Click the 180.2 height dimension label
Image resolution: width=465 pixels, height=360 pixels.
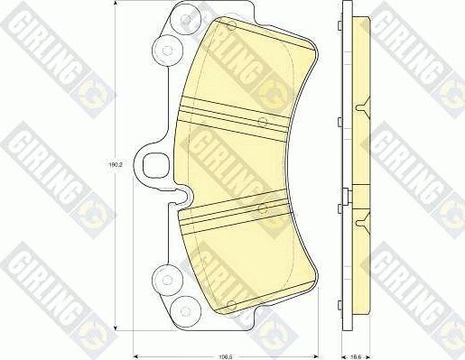115,165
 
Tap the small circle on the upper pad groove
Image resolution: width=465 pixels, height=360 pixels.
262,121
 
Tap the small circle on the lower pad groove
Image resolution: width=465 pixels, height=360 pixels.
262,208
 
